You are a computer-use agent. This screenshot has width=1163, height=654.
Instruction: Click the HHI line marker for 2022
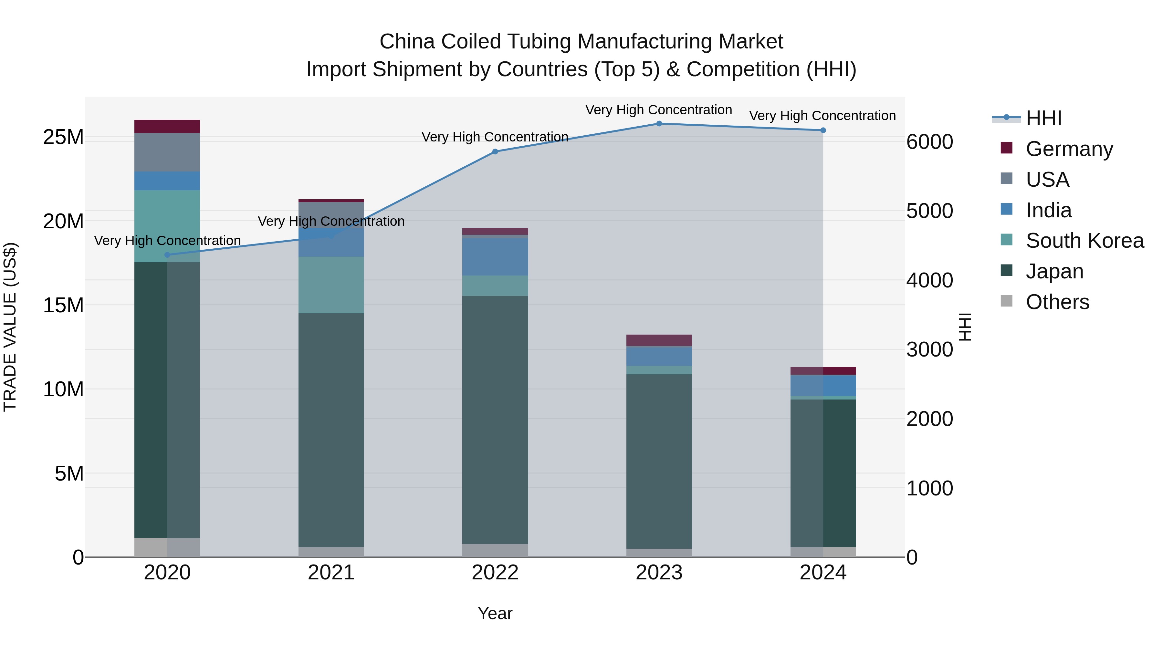point(495,152)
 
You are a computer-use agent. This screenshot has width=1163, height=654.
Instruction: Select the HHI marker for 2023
point(659,124)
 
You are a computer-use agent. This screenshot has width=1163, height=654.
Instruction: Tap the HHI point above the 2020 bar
point(167,255)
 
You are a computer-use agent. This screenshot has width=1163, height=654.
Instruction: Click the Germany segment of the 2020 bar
point(167,126)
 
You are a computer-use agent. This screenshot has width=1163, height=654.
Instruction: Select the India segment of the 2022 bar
point(495,256)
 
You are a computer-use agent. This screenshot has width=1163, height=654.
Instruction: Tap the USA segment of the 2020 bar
point(167,152)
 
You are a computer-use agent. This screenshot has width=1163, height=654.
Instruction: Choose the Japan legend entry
point(1054,271)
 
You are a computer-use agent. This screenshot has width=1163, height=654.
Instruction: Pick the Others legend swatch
point(1006,301)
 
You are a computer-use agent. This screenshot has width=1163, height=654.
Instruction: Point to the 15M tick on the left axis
point(63,306)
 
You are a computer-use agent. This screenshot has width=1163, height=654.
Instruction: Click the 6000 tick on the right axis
point(929,142)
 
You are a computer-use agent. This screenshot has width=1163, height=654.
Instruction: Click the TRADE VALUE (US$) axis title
point(10,327)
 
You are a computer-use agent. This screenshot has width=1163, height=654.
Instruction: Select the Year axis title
point(495,613)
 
